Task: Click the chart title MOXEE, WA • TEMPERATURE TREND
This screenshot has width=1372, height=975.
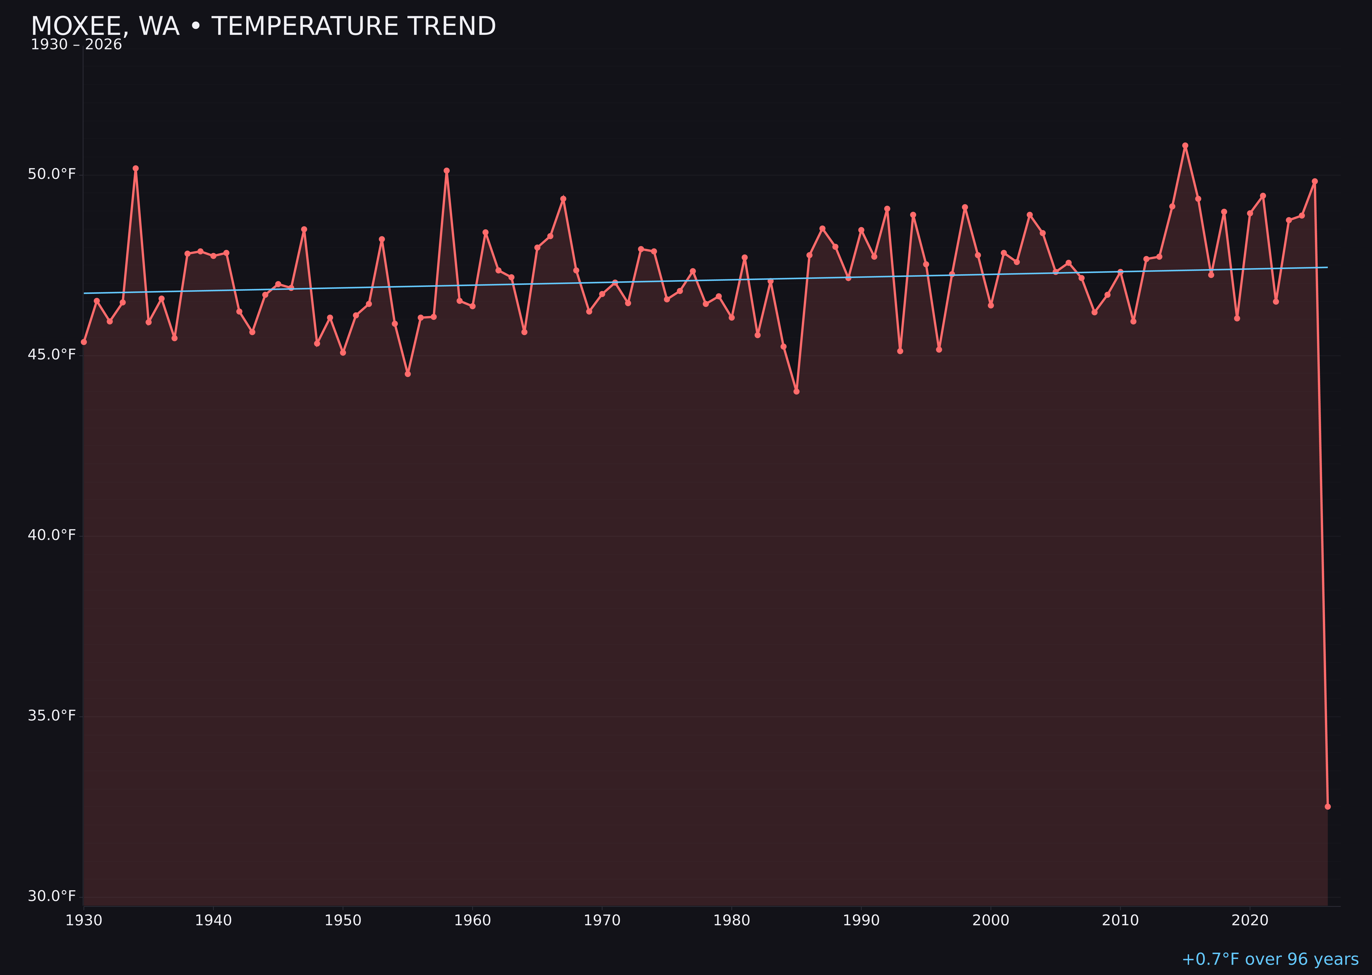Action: coord(263,26)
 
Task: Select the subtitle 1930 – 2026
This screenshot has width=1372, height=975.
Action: coord(76,45)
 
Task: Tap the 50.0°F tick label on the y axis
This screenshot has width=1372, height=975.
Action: coord(52,174)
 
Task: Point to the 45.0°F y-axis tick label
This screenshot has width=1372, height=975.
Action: coord(52,355)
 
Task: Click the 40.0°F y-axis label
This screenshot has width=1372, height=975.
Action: coord(52,535)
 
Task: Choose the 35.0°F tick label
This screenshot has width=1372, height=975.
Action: coord(52,715)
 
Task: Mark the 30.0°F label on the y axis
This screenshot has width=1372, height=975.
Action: coord(52,896)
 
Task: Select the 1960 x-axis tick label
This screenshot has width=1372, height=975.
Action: coord(472,920)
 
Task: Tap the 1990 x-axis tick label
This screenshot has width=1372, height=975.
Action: coord(861,920)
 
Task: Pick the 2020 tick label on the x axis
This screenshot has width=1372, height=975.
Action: coord(1250,920)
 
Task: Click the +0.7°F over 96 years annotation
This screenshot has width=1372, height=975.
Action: coord(1270,959)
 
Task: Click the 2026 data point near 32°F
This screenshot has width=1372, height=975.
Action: coord(1327,807)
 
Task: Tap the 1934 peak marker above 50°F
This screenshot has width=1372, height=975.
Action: coord(136,169)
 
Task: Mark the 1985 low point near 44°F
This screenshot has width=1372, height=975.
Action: coord(796,392)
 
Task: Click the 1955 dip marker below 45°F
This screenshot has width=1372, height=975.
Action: coord(408,374)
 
